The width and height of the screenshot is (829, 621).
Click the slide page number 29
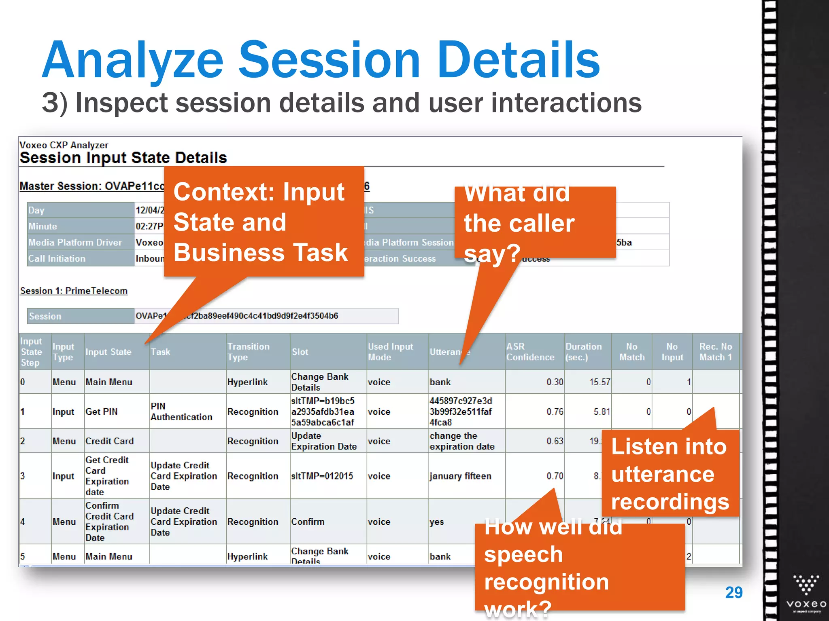[x=733, y=593]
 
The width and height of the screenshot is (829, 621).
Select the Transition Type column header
[x=248, y=352]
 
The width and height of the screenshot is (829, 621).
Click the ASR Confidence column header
[x=530, y=352]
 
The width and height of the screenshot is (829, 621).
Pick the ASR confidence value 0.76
[x=555, y=412]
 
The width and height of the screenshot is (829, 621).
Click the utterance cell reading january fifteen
[x=460, y=476]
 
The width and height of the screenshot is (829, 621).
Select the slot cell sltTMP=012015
[x=322, y=476]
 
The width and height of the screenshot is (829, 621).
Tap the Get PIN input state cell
[x=101, y=412]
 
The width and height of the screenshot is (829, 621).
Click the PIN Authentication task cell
[x=181, y=412]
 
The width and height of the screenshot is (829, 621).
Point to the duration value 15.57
[x=599, y=382]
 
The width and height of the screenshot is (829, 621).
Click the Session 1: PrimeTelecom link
[x=74, y=291]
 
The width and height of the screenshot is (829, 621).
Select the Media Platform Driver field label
[x=75, y=243]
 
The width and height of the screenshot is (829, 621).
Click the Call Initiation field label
[x=57, y=259]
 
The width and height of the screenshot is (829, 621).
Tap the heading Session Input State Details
[x=123, y=158]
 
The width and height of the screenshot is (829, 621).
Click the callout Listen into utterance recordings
[x=670, y=474]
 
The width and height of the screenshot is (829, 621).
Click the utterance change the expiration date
[x=462, y=441]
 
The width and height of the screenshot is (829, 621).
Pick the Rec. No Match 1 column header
[x=715, y=352]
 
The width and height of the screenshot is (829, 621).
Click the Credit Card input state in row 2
[x=109, y=441]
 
